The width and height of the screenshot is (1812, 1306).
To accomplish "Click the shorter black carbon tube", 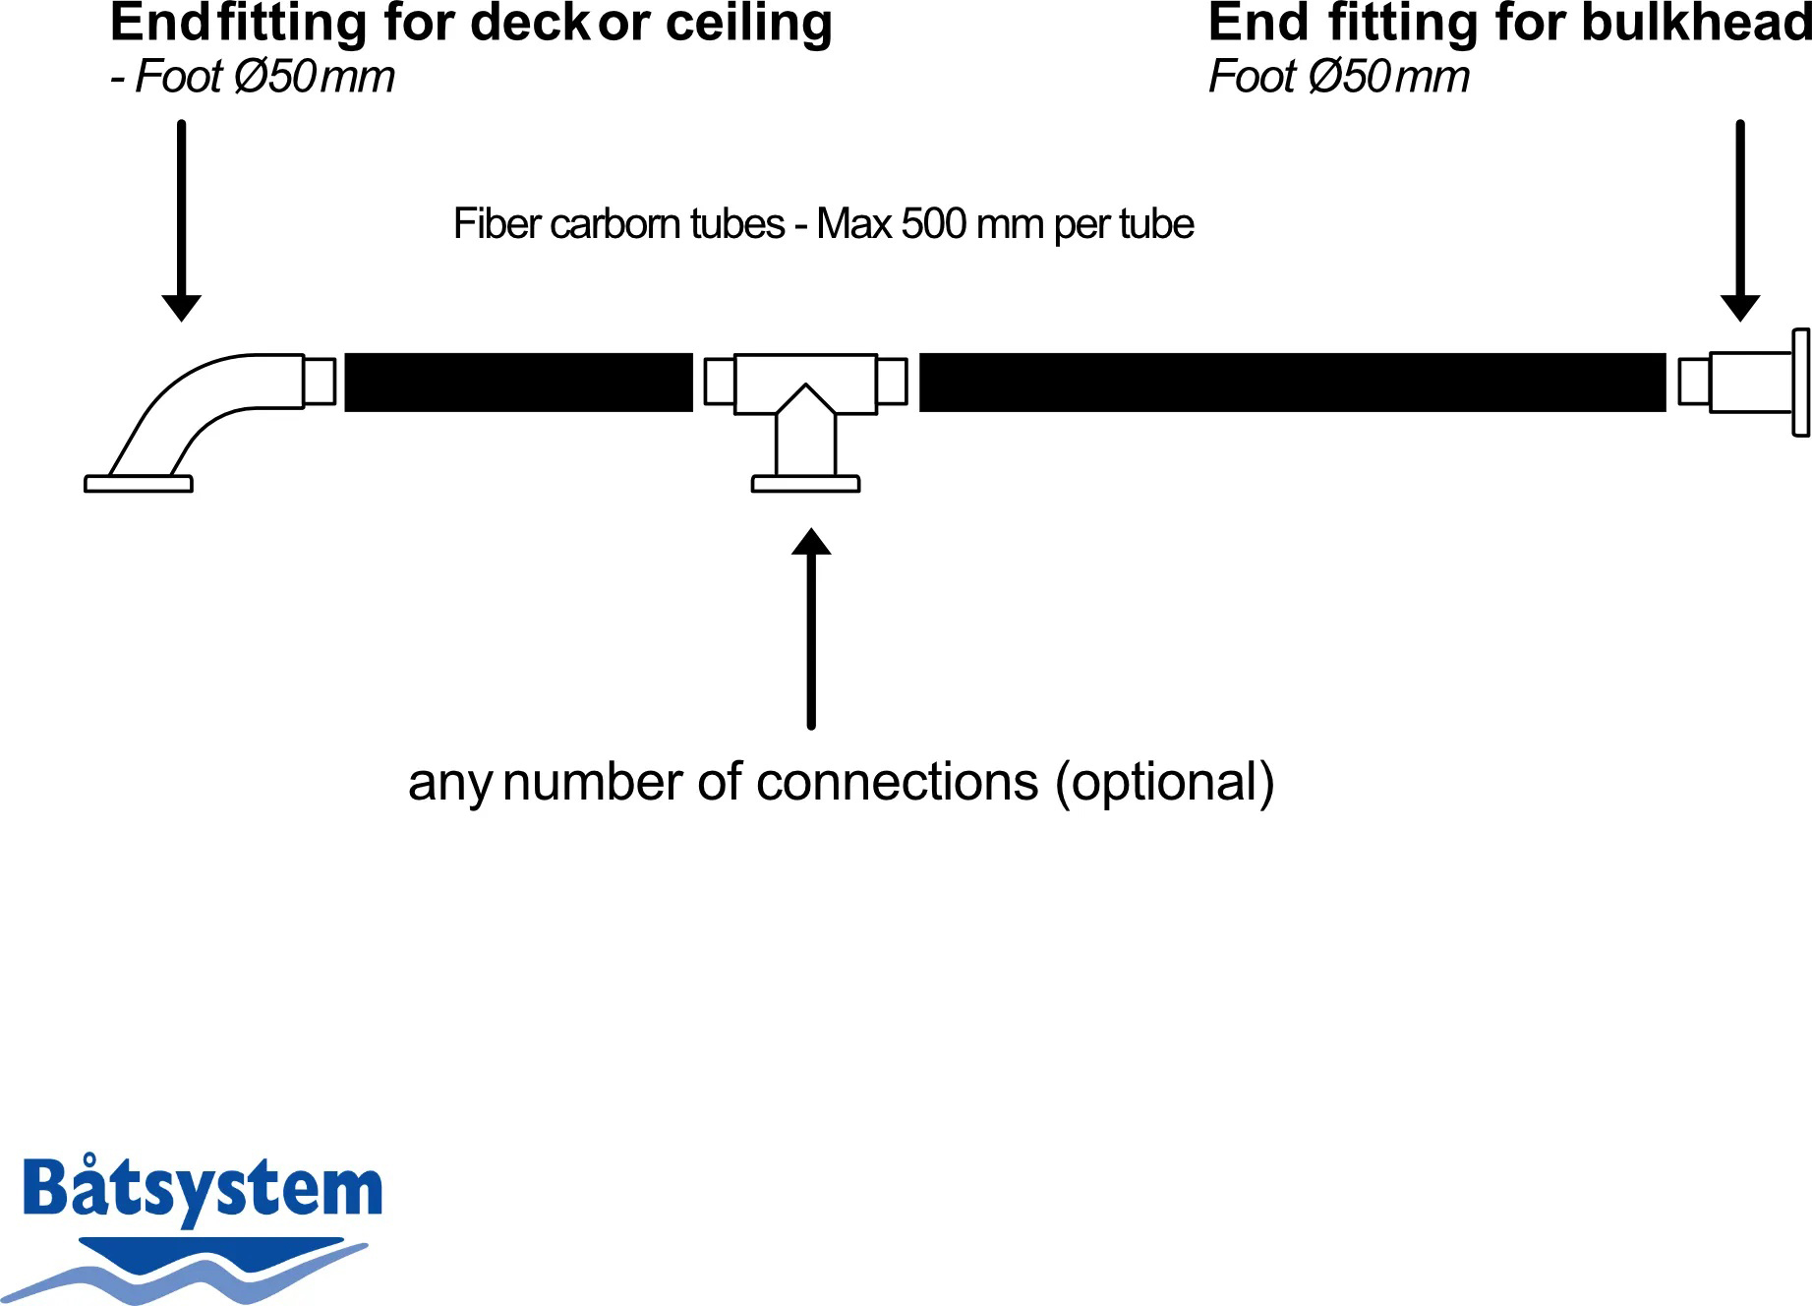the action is [519, 382].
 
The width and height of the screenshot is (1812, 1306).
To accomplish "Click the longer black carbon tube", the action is [1293, 382].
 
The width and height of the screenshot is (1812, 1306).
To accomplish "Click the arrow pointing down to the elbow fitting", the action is [181, 220].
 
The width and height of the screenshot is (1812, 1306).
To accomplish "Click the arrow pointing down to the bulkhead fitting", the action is [1740, 220].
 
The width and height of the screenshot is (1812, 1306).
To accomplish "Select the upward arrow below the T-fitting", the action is [811, 629].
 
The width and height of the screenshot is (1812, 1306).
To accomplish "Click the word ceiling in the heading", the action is [749, 24].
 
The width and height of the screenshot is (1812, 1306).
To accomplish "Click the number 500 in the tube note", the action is [933, 224].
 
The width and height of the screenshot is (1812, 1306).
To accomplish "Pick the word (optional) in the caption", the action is [1165, 783].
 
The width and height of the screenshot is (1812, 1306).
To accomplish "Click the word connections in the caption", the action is [898, 782].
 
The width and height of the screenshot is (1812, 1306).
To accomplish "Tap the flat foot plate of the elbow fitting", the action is [139, 484].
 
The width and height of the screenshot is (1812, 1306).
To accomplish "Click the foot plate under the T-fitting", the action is [806, 484].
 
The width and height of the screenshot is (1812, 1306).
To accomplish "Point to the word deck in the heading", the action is [531, 23].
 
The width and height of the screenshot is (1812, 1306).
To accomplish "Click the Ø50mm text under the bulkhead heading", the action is [1389, 77].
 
